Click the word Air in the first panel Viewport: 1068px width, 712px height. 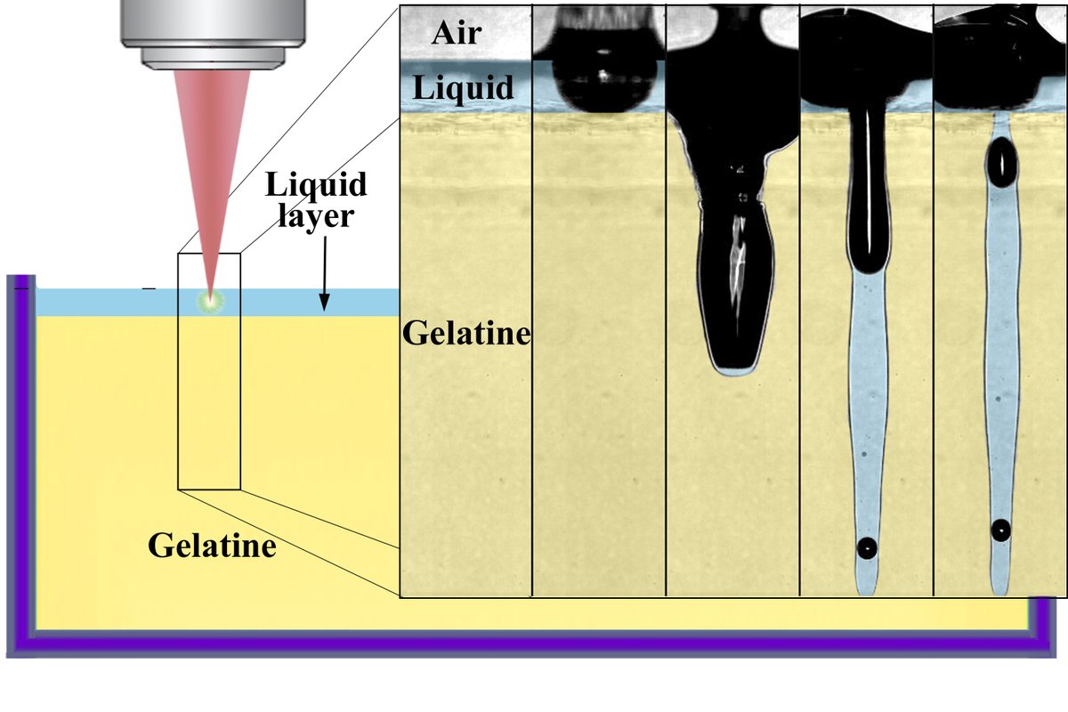(456, 33)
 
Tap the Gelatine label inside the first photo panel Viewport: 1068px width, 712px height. (466, 335)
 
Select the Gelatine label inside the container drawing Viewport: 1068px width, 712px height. (212, 544)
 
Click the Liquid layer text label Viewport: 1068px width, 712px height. (316, 200)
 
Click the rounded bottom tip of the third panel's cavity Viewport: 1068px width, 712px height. (732, 367)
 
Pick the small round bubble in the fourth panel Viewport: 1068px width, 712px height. (866, 548)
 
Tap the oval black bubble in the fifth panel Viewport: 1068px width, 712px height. (1002, 163)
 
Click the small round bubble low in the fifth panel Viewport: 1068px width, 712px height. (1001, 530)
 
